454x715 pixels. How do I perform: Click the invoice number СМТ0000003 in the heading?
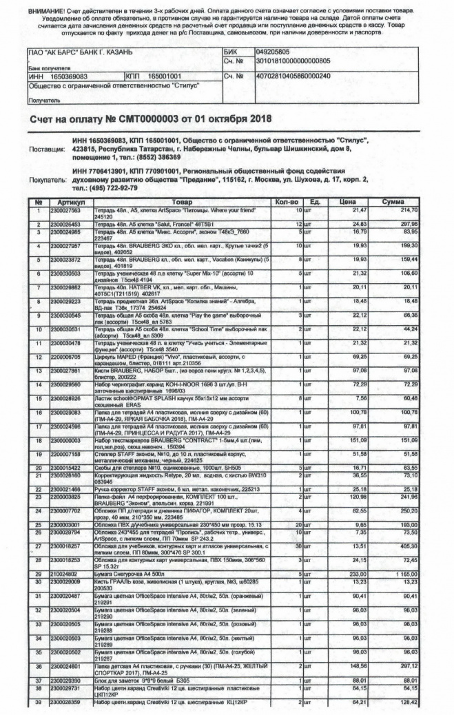click(x=152, y=118)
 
